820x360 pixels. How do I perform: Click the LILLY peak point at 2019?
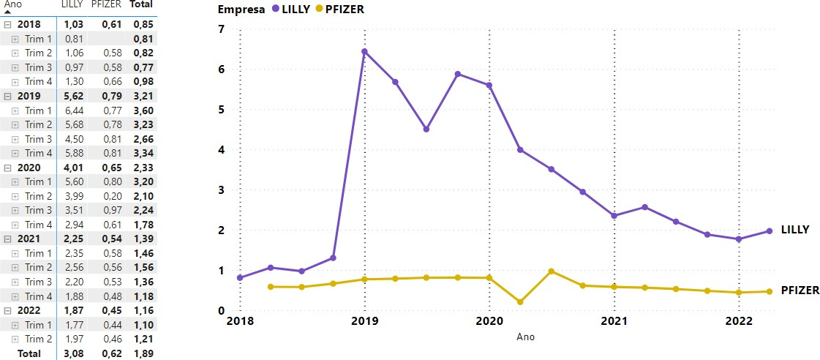[364, 51]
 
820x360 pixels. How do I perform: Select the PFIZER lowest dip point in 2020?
[519, 302]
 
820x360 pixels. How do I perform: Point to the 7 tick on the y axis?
[222, 29]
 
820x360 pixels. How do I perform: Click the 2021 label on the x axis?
[614, 321]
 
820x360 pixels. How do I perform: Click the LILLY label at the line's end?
[795, 230]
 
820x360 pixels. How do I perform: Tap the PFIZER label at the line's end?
[800, 290]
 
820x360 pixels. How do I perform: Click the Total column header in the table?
[141, 4]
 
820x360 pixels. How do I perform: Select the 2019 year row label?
[29, 96]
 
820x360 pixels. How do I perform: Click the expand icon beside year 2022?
[7, 310]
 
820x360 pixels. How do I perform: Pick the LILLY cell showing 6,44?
[73, 110]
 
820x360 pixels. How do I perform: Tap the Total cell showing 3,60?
[142, 110]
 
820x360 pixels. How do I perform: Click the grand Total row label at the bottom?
[29, 353]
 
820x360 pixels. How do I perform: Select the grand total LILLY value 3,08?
[73, 353]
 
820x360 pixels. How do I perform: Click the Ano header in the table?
[12, 4]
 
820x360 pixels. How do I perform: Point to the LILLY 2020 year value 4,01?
[73, 168]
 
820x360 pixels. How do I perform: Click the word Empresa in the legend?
[241, 9]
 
